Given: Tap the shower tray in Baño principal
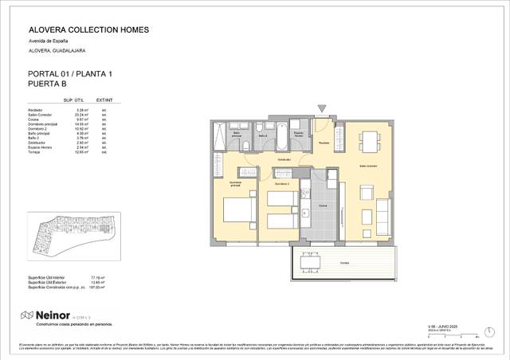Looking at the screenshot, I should [x=219, y=137].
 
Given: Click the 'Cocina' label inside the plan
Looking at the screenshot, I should [x=323, y=205].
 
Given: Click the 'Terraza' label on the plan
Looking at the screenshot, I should [x=343, y=263].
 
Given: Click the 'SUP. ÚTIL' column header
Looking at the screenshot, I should [x=74, y=101].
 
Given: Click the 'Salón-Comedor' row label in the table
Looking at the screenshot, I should [x=40, y=115].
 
